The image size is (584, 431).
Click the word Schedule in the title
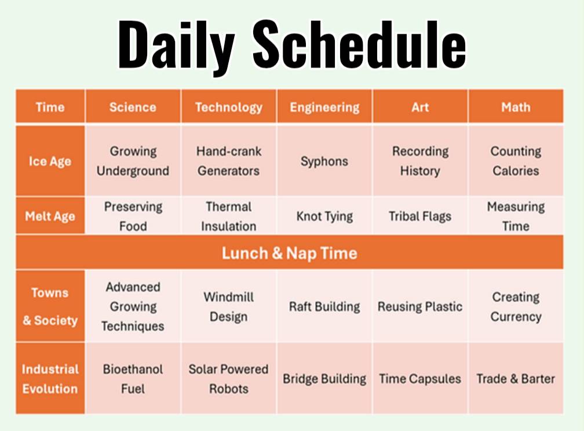(359, 44)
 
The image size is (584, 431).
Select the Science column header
(133, 107)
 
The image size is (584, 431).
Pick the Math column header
(516, 107)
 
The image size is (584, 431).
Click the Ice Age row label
(50, 161)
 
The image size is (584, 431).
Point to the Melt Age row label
(50, 216)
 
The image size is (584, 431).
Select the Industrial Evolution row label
(50, 379)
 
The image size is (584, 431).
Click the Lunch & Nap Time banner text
(290, 253)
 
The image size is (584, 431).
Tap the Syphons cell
(324, 161)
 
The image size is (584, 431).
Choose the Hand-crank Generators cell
(229, 161)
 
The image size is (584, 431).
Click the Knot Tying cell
(324, 216)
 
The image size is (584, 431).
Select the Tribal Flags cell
(420, 216)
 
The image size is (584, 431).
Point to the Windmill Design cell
(229, 307)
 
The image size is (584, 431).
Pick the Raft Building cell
(324, 306)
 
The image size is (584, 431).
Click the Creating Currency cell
(516, 307)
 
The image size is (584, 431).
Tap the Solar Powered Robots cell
(229, 379)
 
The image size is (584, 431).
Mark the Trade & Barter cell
(516, 379)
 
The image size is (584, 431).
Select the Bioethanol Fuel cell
(133, 379)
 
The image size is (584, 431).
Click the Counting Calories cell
(516, 161)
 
